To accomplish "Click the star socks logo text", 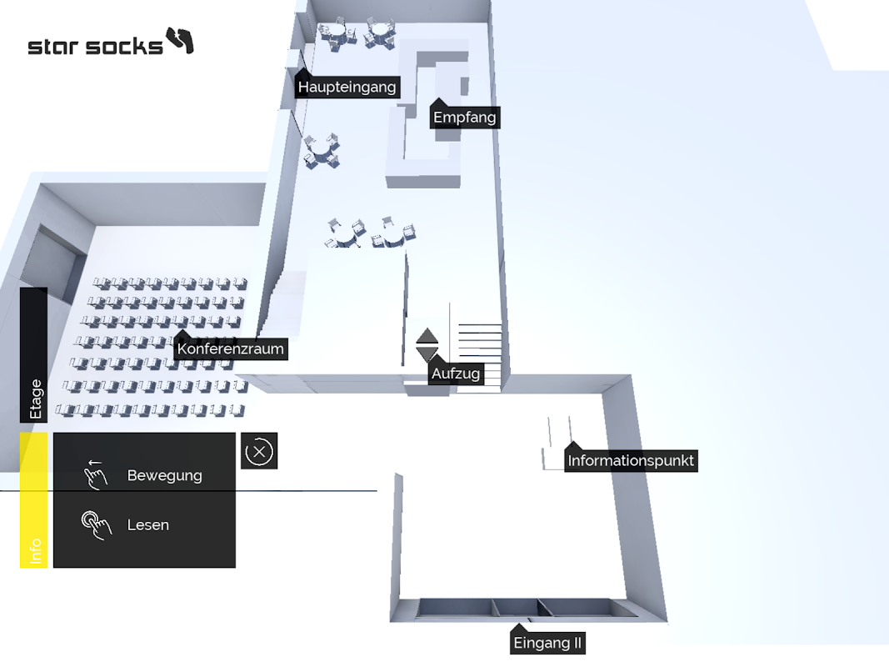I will point(95,46).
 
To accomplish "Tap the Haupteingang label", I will point(347,87).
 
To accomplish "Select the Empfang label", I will point(464,118).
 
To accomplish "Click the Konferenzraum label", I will point(231,349).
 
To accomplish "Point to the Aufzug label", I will point(456,374).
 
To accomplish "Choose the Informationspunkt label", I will point(630,460).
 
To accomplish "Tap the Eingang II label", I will point(547,643).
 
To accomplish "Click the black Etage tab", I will point(34,355).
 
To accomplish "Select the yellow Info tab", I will point(34,500).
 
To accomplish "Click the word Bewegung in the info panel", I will point(164,475).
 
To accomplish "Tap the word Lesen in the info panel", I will point(147,524).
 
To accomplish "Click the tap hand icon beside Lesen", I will point(96,524).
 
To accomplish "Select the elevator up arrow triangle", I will point(427,336).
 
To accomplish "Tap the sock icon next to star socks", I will point(180,40).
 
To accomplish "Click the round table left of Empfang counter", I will point(321,151).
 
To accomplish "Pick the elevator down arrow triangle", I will point(427,354).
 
